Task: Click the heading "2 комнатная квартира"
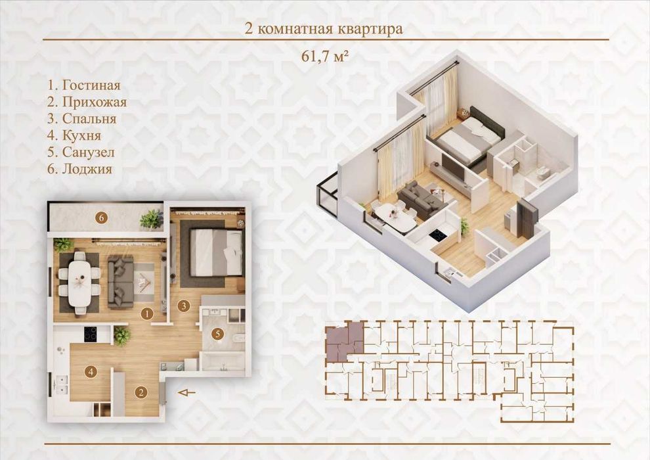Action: point(324,29)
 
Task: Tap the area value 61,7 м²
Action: point(324,56)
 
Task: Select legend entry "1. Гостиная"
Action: point(84,85)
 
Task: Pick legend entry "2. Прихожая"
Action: point(87,102)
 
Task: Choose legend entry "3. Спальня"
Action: point(81,119)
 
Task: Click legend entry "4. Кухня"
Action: point(74,135)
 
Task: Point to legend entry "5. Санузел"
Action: point(81,152)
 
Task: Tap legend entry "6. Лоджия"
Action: point(79,169)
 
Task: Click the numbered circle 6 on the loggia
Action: point(101,218)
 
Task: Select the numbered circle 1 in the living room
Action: point(147,314)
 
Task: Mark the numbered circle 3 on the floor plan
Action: point(183,306)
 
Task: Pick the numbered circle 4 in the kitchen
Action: point(91,372)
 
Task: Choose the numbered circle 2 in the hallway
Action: point(141,392)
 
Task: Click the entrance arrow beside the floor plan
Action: point(186,392)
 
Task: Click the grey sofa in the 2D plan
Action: point(121,282)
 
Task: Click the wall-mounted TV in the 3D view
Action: point(454,167)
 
